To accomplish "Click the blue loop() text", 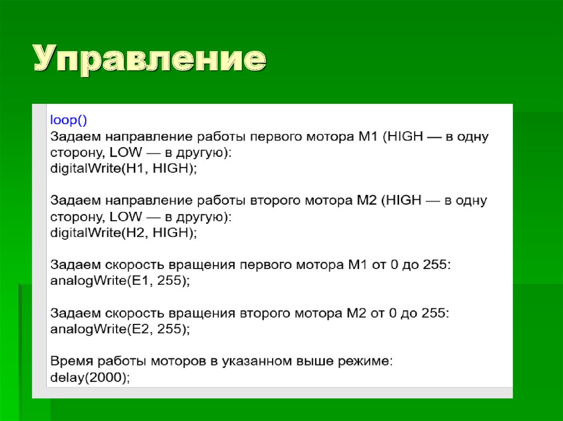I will (69, 120).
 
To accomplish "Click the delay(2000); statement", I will (90, 378).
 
